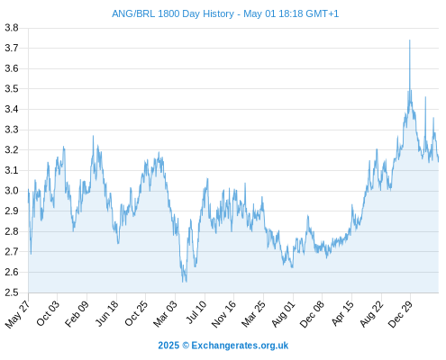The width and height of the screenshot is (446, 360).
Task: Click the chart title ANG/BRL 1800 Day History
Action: click(x=173, y=13)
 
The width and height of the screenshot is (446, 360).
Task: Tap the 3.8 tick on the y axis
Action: click(x=12, y=28)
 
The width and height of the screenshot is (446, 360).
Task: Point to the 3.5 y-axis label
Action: click(x=12, y=89)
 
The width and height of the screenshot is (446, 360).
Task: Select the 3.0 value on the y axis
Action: click(x=12, y=191)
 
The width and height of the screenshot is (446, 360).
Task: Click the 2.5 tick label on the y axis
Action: click(x=12, y=292)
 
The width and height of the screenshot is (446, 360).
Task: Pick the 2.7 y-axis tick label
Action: click(x=12, y=251)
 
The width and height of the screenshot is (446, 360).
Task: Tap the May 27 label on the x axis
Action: click(x=18, y=314)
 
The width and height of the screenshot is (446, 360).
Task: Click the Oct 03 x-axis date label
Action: click(x=48, y=313)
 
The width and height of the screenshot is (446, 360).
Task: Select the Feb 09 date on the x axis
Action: click(x=77, y=314)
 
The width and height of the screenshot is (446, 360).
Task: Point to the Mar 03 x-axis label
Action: click(x=166, y=314)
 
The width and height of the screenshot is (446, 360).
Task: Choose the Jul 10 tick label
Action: click(x=196, y=312)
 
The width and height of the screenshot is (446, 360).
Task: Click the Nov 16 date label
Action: click(x=223, y=314)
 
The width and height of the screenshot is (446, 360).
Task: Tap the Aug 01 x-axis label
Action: click(x=283, y=314)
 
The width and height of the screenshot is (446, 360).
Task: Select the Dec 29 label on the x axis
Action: click(x=400, y=314)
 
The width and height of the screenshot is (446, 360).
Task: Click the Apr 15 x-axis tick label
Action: click(x=342, y=313)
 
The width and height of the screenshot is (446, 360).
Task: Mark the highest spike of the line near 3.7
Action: click(x=410, y=40)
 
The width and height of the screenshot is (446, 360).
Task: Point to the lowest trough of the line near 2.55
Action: click(x=183, y=282)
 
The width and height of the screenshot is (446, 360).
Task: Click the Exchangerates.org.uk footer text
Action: click(x=240, y=346)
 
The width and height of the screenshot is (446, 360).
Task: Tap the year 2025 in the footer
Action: click(x=168, y=346)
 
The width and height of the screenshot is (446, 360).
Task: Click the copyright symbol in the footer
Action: click(x=186, y=346)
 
